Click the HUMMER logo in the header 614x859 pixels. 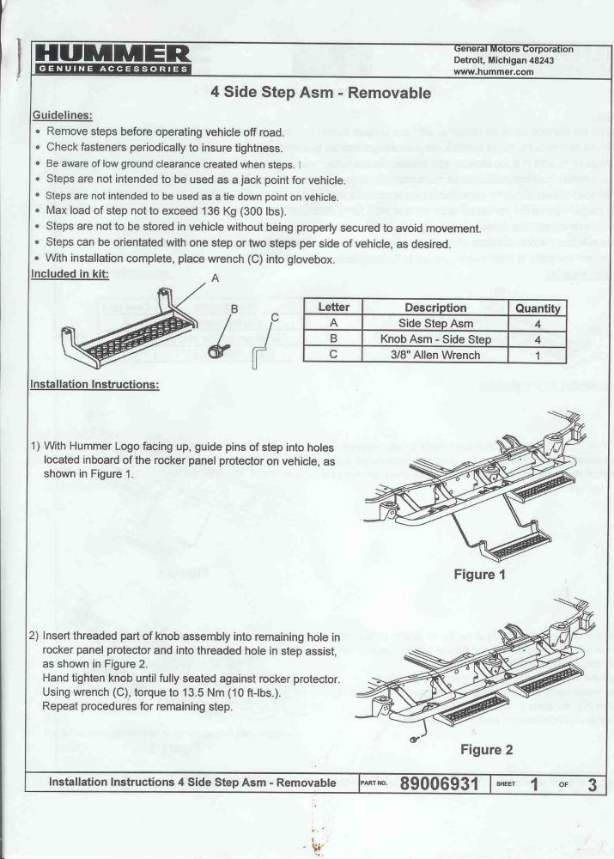click(x=112, y=58)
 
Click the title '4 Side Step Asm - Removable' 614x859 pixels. click(x=321, y=94)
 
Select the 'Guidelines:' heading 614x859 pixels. click(x=63, y=115)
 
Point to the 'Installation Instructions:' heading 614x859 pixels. click(x=94, y=384)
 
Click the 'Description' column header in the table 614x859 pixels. click(x=435, y=308)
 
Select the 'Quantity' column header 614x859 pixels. click(x=538, y=308)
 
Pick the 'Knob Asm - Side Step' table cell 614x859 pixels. click(x=435, y=338)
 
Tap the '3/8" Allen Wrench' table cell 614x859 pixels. click(x=435, y=354)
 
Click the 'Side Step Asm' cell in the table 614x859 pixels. click(x=435, y=323)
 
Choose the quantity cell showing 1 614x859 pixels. click(x=538, y=354)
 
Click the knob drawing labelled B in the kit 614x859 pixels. click(x=216, y=349)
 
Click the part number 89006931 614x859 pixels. click(x=439, y=783)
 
